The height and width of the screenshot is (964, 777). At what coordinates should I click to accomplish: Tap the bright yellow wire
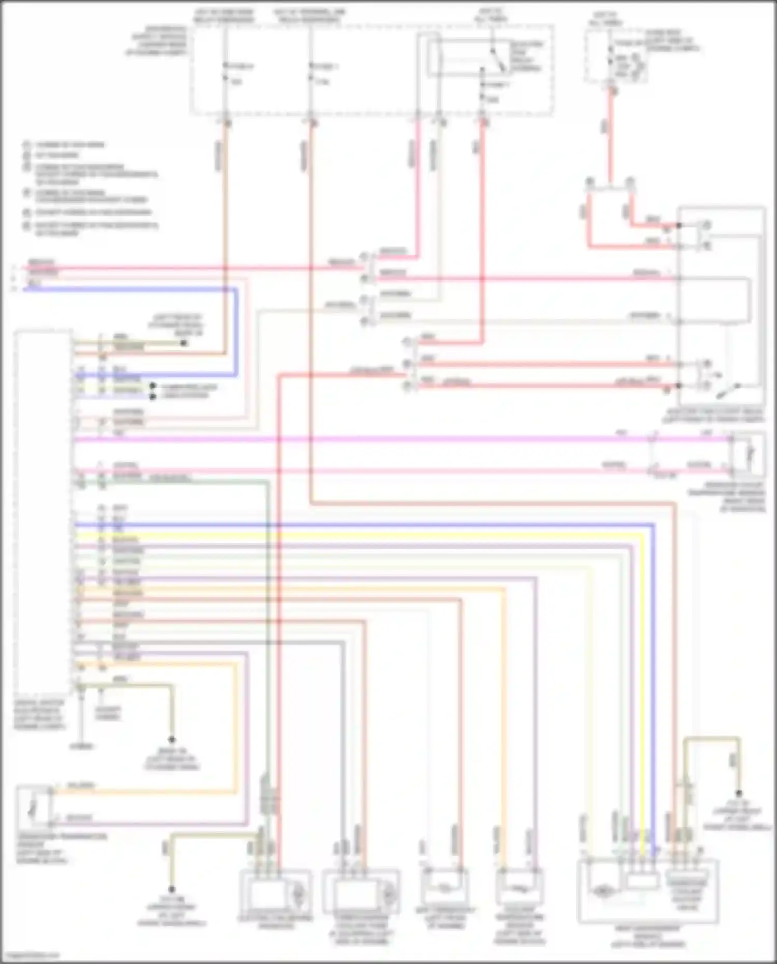pos(363,535)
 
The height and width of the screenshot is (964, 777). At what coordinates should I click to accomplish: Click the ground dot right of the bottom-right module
pos(739,794)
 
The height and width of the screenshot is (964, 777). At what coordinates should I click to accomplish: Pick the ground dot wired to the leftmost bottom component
pos(171,889)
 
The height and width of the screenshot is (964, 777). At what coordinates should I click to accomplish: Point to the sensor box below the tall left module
pos(34,807)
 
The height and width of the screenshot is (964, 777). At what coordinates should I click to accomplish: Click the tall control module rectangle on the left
pos(44,510)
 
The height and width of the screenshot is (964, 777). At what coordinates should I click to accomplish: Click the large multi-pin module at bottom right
pos(647,890)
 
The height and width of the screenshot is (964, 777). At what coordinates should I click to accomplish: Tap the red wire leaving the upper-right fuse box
pos(610,135)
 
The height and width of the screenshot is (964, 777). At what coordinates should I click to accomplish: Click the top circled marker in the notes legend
pos(26,145)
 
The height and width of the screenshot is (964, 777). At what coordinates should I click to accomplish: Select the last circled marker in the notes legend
pos(26,226)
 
